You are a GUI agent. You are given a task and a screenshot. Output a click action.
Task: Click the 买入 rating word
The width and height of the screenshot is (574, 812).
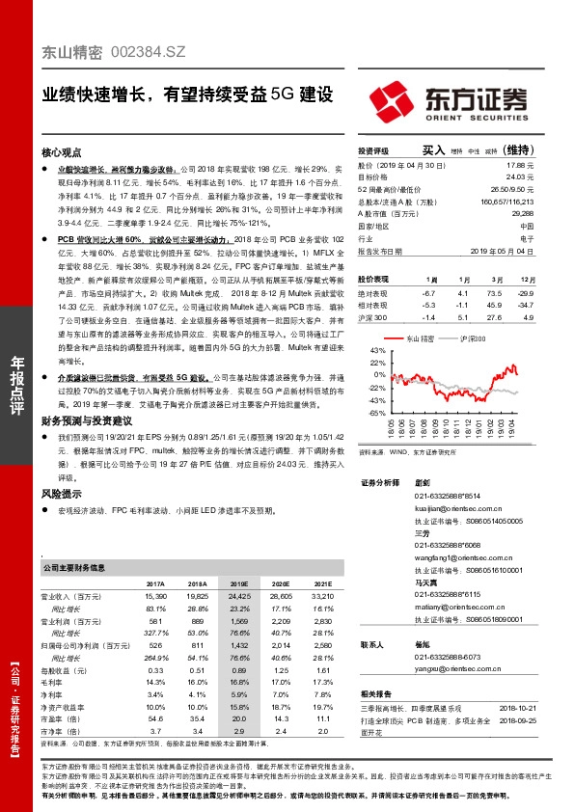pyautogui.click(x=434, y=151)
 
